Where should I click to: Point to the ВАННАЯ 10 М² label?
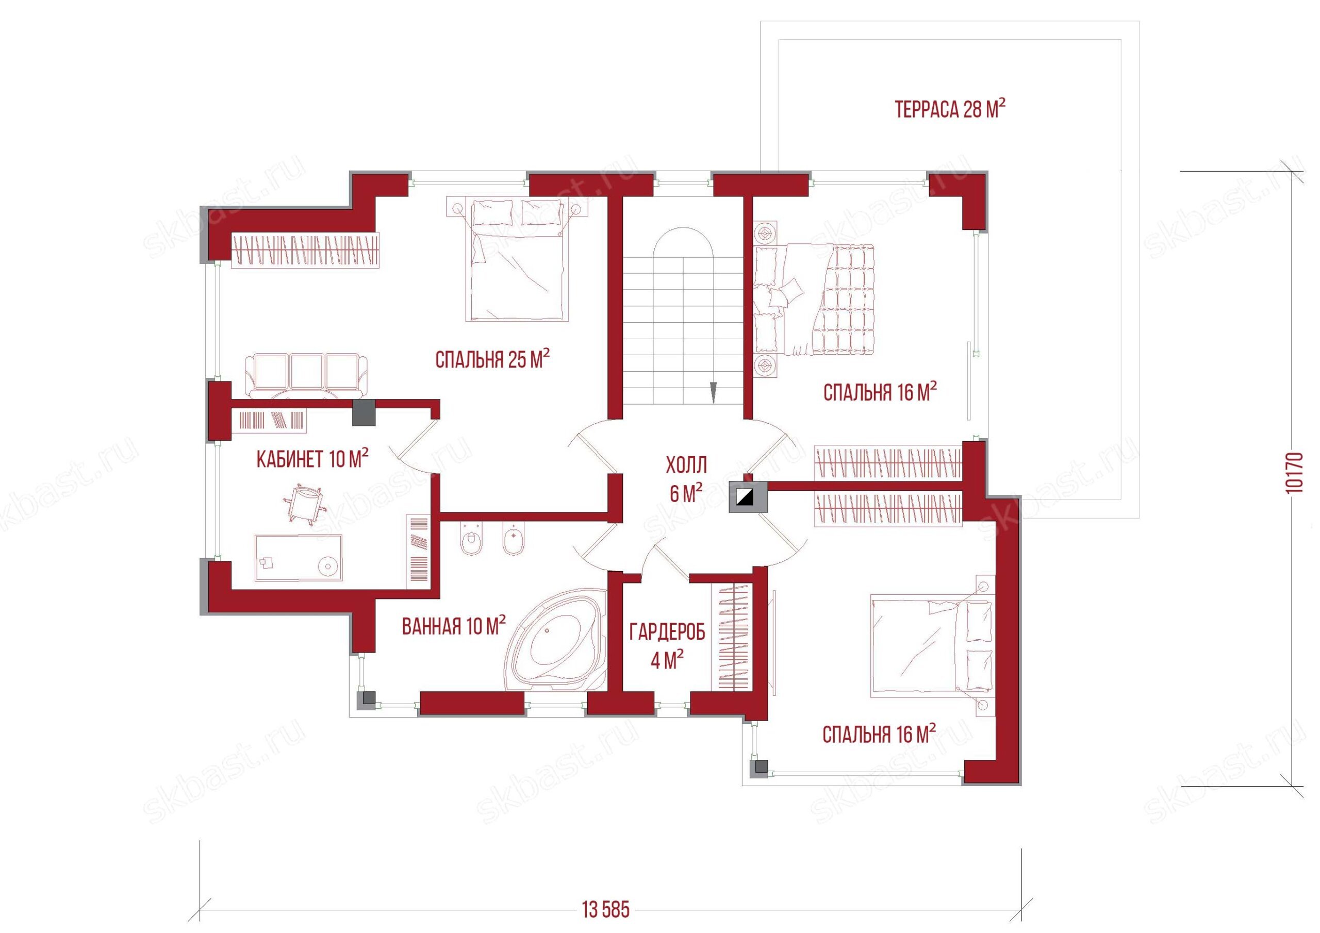454,625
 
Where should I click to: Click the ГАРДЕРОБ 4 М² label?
667,645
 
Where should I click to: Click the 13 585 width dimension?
606,909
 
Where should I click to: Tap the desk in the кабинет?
299,558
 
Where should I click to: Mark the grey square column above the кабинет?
364,413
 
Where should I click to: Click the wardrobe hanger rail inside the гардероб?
732,638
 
